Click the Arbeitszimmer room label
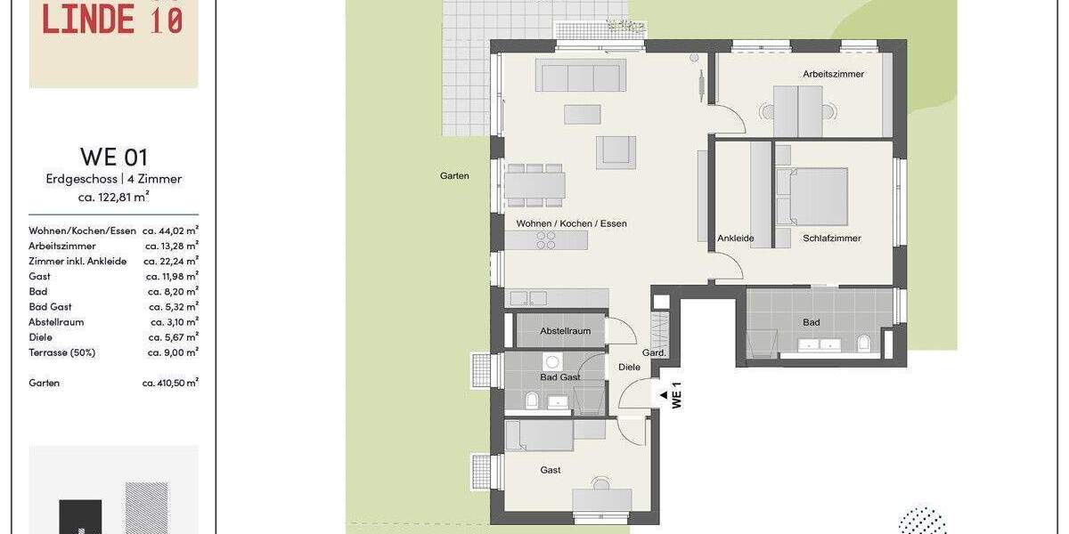[x=833, y=74]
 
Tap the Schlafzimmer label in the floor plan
[x=831, y=239]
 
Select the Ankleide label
[x=735, y=239]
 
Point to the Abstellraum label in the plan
[x=565, y=331]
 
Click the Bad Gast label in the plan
[x=559, y=377]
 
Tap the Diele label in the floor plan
[x=629, y=367]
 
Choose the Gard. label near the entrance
[x=654, y=353]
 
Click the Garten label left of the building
[x=454, y=176]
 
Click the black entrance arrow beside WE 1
[x=662, y=394]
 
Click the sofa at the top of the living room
[x=580, y=77]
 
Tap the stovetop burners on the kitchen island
[x=545, y=239]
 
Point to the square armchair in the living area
[x=616, y=150]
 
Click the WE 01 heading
[x=113, y=157]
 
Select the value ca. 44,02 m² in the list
[x=170, y=231]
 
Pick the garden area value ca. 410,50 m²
[x=170, y=383]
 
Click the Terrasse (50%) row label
[x=61, y=352]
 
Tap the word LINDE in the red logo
[x=88, y=20]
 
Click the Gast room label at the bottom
[x=551, y=470]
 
